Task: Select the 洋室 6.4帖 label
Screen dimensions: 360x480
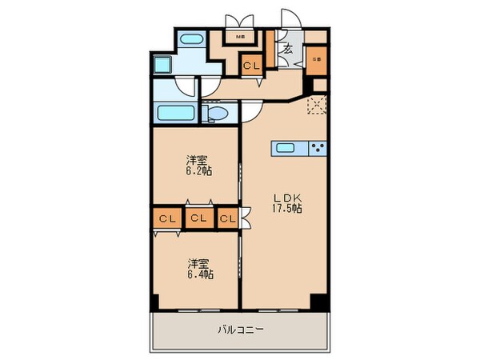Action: [x=200, y=267]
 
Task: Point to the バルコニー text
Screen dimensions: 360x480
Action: [x=240, y=329]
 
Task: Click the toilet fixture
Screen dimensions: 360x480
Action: [x=216, y=114]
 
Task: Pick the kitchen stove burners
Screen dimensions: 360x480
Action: [x=319, y=147]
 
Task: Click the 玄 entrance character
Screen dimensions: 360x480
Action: [x=286, y=50]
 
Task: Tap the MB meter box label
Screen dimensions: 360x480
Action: [x=239, y=35]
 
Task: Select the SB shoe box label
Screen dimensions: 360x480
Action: [x=317, y=58]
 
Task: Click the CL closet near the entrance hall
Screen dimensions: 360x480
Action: [x=251, y=66]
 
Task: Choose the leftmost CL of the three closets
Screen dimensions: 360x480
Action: [x=166, y=218]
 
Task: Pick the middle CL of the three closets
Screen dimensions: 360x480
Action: [x=198, y=218]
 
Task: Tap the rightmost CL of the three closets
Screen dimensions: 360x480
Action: [x=227, y=218]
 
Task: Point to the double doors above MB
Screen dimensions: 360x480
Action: [x=238, y=20]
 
